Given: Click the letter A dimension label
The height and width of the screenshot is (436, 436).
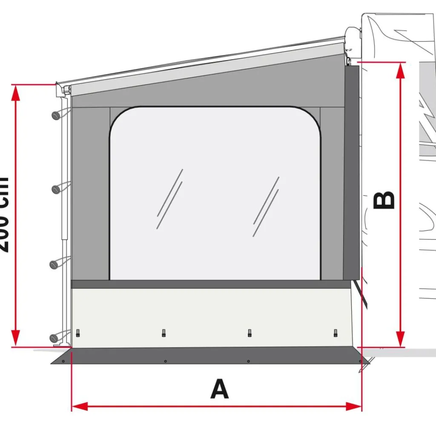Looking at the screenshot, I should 219,389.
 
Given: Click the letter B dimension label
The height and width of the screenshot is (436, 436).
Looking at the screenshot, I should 384,201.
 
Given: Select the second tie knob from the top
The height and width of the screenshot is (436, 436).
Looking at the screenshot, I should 55,189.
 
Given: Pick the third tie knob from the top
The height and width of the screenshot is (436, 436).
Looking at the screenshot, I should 54,264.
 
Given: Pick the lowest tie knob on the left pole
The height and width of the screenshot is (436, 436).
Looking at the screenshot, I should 54,338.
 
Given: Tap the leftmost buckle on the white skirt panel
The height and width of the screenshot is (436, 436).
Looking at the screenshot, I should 78,333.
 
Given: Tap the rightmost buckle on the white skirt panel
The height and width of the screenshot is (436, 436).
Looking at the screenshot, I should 336,333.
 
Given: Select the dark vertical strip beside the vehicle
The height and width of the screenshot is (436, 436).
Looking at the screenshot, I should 352,170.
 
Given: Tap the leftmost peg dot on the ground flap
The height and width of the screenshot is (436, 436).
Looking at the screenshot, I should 63,361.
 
